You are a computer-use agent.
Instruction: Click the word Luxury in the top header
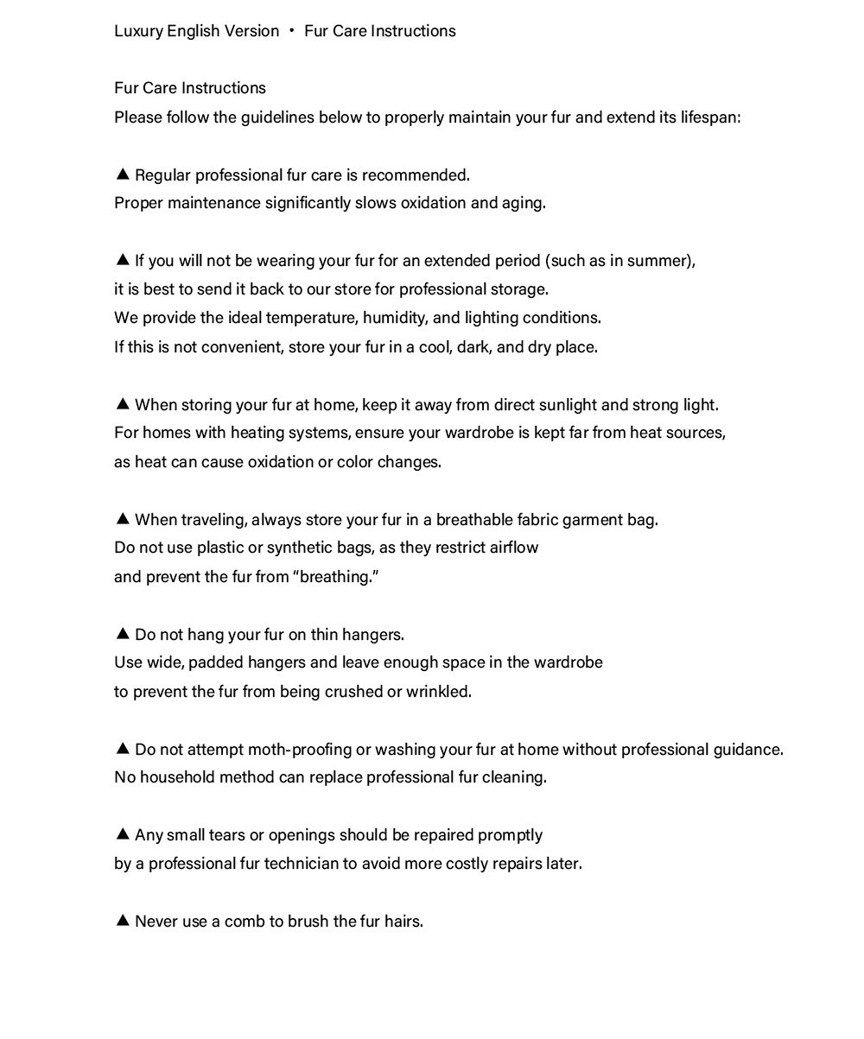coord(137,31)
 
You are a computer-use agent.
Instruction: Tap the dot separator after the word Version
coord(292,31)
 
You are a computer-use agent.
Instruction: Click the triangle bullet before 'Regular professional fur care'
coord(122,174)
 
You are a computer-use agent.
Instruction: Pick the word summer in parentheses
coord(664,261)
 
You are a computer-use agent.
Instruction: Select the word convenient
coord(232,347)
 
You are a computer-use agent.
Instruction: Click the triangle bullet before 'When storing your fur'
coord(122,404)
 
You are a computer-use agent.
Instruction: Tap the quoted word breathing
coord(337,577)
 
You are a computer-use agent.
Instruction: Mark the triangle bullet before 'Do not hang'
coord(122,634)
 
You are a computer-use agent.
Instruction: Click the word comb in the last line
coord(245,922)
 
